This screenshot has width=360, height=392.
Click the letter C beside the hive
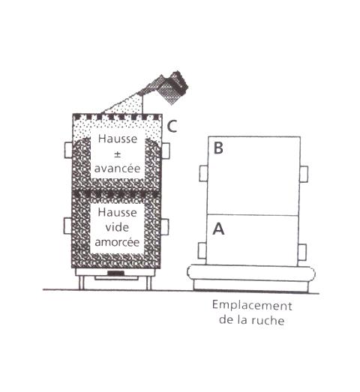[172, 126]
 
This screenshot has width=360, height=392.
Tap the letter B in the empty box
[218, 148]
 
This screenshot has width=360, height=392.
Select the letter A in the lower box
[218, 229]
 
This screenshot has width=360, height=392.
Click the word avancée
[117, 168]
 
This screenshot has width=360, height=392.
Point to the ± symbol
[117, 154]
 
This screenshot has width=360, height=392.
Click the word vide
[117, 227]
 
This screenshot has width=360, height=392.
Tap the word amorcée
[117, 242]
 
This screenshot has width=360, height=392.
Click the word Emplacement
[252, 306]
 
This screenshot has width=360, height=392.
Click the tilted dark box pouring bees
[174, 88]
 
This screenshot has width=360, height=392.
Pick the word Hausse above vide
[117, 212]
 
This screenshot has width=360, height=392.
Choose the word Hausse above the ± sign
[118, 139]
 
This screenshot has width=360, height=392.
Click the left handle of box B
[203, 173]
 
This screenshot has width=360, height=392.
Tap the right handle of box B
[304, 174]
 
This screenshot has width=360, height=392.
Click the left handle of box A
[202, 250]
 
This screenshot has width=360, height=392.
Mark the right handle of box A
[302, 252]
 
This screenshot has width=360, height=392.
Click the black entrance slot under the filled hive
[117, 273]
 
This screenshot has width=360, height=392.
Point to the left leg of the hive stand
[81, 283]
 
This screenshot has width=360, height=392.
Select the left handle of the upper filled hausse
[68, 150]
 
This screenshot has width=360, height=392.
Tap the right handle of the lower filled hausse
[165, 227]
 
